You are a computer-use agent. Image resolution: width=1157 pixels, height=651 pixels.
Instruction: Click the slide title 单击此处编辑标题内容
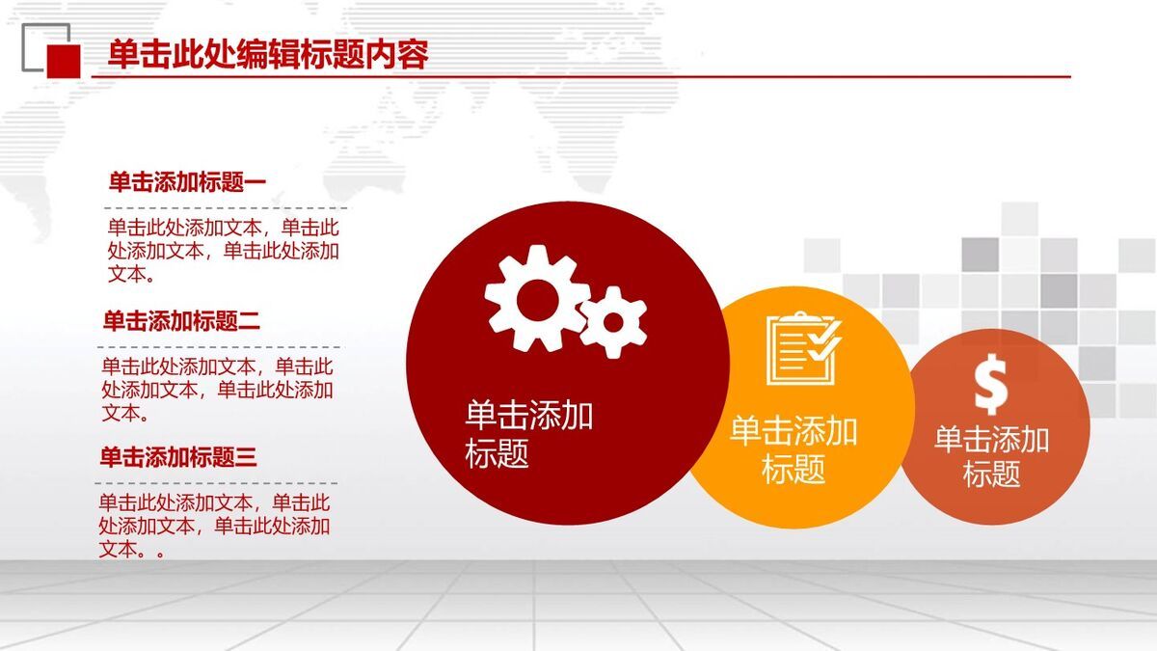pyautogui.click(x=268, y=54)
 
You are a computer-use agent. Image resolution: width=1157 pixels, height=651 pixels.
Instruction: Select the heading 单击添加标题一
pyautogui.click(x=187, y=181)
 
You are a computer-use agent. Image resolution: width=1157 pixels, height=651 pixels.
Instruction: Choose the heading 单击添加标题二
pyautogui.click(x=181, y=321)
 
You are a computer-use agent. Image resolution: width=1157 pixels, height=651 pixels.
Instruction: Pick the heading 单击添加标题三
pyautogui.click(x=178, y=457)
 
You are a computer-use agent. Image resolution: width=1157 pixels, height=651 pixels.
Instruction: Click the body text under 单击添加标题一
pyautogui.click(x=223, y=251)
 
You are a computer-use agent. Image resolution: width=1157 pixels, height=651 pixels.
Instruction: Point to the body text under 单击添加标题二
pyautogui.click(x=217, y=390)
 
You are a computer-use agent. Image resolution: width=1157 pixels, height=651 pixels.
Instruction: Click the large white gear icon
pyautogui.click(x=534, y=297)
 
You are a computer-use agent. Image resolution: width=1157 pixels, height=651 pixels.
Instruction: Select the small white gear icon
pyautogui.click(x=614, y=321)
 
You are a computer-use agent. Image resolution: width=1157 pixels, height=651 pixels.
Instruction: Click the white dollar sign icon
pyautogui.click(x=990, y=385)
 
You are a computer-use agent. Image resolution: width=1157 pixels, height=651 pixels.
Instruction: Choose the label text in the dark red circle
pyautogui.click(x=528, y=434)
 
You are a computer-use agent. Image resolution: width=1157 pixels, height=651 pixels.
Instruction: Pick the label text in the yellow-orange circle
pyautogui.click(x=794, y=449)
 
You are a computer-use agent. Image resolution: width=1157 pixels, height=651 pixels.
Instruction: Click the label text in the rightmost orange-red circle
pyautogui.click(x=991, y=456)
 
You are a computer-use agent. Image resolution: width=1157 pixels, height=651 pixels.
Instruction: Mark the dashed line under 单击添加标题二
pyautogui.click(x=219, y=347)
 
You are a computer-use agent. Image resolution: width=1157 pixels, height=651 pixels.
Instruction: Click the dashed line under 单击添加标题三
pyautogui.click(x=216, y=483)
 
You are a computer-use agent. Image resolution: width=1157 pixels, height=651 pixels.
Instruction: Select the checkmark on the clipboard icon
pyautogui.click(x=824, y=339)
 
